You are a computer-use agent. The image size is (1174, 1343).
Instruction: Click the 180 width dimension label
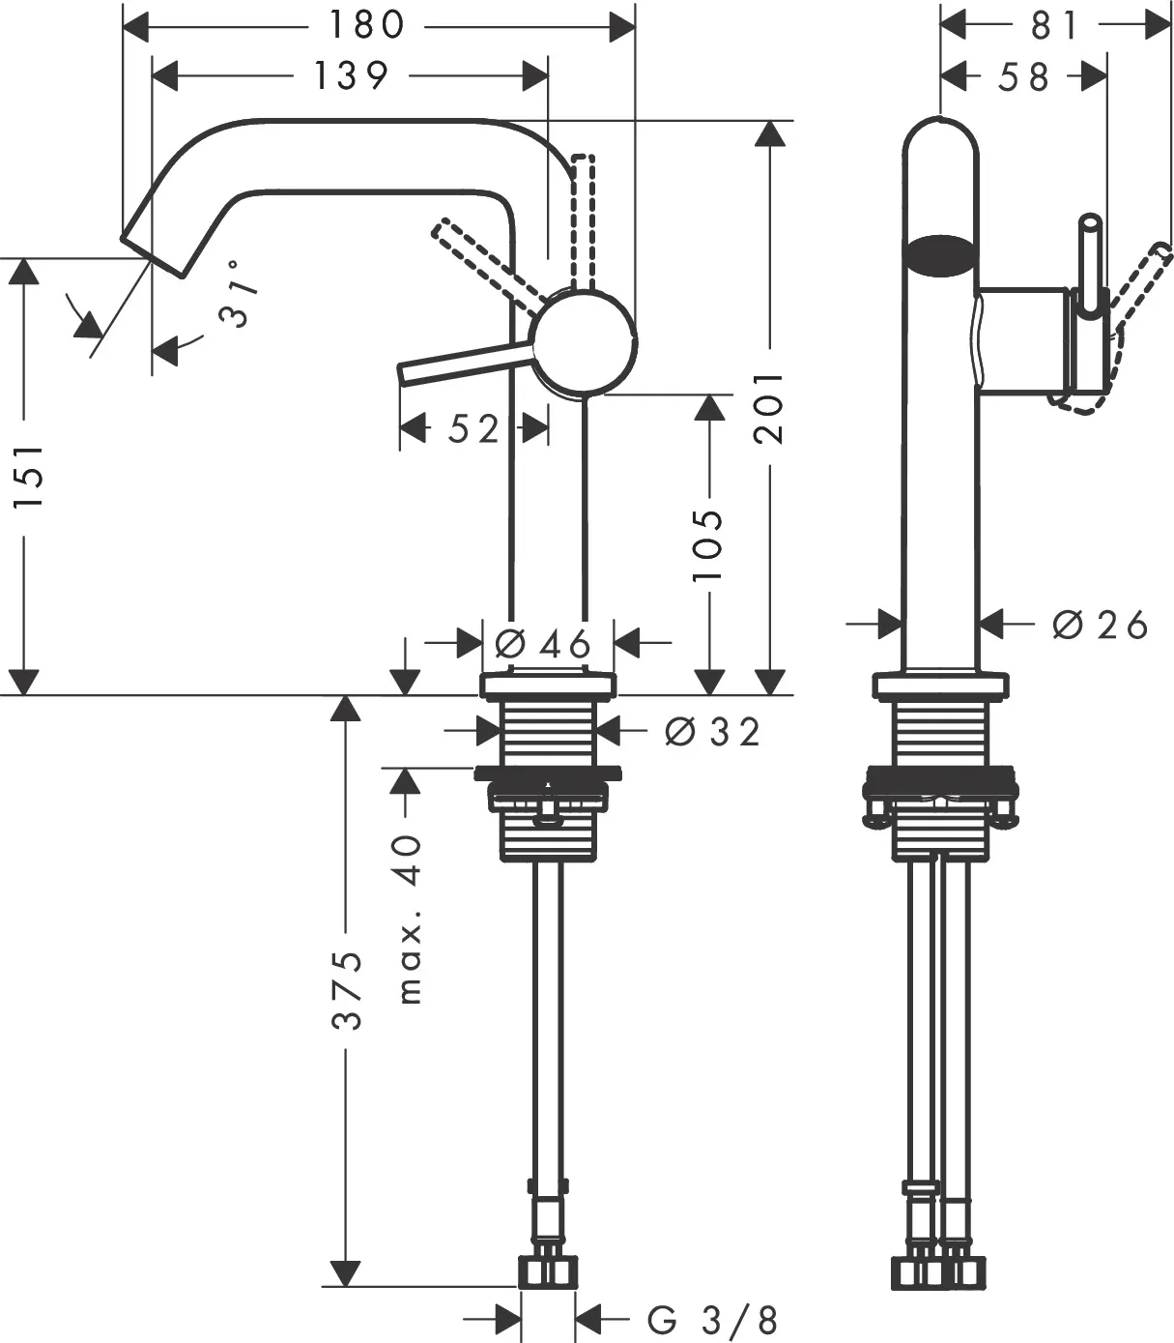point(366,25)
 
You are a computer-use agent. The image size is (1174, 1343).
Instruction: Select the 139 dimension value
point(350,74)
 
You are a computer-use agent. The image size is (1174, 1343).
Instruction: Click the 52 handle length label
point(473,428)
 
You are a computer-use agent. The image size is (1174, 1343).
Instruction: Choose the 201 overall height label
point(769,407)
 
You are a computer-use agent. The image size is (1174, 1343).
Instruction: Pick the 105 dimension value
point(708,545)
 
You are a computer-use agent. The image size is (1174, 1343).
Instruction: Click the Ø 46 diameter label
point(542,642)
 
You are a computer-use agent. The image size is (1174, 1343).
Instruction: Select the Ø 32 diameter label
point(713,732)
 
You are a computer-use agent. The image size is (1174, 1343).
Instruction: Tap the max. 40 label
point(410,919)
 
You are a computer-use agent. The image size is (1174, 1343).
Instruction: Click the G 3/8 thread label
point(713,1320)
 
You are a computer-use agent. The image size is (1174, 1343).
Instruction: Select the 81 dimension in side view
point(1054,25)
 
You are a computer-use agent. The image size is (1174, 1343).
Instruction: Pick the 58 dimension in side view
point(1024,76)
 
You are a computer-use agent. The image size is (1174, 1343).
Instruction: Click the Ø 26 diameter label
point(1100,626)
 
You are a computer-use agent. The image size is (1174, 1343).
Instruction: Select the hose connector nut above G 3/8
point(549,1271)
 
